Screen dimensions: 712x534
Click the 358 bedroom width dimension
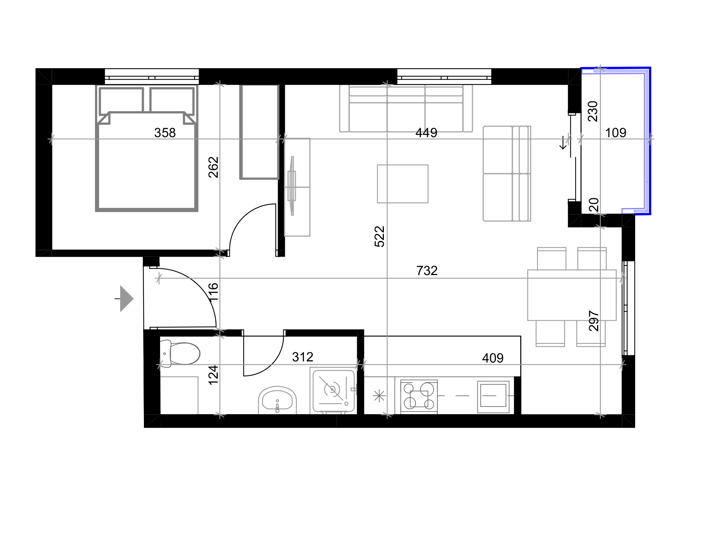pos(165,133)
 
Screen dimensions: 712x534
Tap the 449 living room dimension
pos(426,133)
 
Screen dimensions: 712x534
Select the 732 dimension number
pos(427,271)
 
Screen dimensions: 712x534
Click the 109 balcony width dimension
pos(616,133)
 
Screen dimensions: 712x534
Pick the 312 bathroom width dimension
pos(303,357)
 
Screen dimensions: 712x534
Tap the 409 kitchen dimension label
pos(493,358)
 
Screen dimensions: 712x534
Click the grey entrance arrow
pos(124,299)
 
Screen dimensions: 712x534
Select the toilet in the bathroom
pos(180,353)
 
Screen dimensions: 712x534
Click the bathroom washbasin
pos(277,400)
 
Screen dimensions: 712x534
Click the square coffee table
pos(403,184)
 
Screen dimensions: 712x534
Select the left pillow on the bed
pos(121,101)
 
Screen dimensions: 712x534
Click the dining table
pos(572,295)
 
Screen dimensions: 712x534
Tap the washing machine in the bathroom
pos(333,390)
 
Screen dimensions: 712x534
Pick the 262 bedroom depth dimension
pos(213,167)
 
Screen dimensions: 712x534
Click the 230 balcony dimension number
pos(593,111)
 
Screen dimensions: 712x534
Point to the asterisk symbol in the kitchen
pos(379,396)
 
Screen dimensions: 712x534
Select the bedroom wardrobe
pos(259,132)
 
